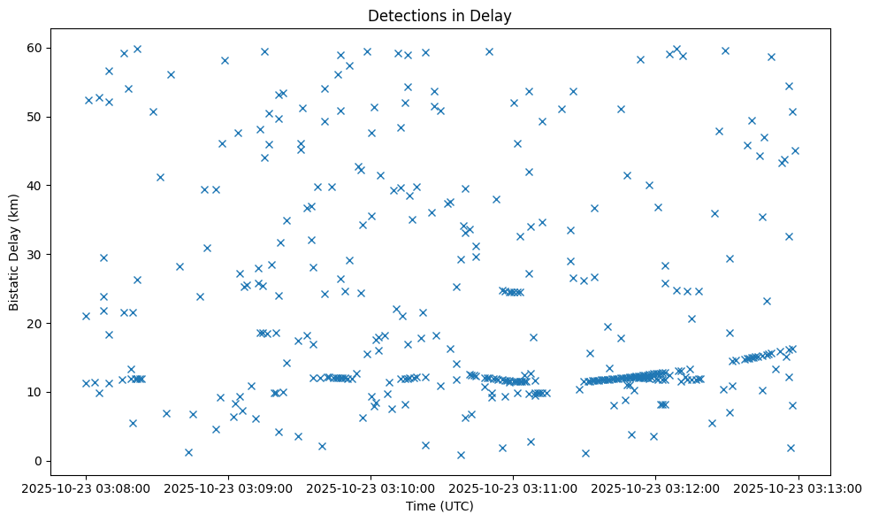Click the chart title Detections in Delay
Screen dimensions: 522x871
pos(439,16)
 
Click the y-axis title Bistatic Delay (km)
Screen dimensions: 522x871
pos(15,241)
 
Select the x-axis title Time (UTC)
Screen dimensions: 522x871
pos(439,507)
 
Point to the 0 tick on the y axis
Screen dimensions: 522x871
pos(39,461)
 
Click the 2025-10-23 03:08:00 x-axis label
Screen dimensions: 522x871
pos(86,487)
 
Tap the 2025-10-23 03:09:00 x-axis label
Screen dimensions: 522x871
pos(228,487)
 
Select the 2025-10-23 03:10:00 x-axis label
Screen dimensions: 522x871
pos(371,487)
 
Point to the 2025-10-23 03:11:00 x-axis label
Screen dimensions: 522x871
pos(514,487)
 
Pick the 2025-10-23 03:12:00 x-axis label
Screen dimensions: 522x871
pos(656,487)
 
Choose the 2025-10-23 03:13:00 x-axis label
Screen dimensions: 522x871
pos(798,487)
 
